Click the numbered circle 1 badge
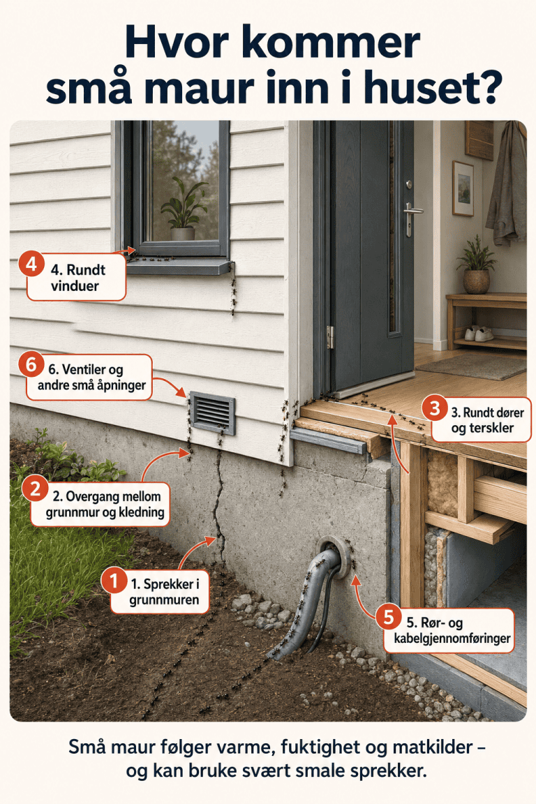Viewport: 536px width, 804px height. (114, 581)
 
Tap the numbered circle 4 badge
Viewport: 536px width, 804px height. (31, 265)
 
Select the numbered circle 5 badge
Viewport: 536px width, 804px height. (389, 617)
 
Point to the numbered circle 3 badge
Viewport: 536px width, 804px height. (435, 409)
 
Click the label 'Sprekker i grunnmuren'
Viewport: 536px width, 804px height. (164, 592)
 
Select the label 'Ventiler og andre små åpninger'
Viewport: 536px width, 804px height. (91, 377)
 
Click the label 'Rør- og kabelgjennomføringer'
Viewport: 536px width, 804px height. (452, 630)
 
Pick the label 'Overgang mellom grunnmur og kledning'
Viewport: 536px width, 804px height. (105, 504)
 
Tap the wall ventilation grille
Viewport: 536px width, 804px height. (212, 412)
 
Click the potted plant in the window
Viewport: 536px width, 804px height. (183, 209)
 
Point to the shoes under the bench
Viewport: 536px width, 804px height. (479, 334)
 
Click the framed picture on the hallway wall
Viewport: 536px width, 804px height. (463, 188)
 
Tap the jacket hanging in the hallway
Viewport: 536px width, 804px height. (507, 184)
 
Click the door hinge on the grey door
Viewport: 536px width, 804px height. (330, 337)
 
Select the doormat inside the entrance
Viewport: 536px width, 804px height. (471, 366)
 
